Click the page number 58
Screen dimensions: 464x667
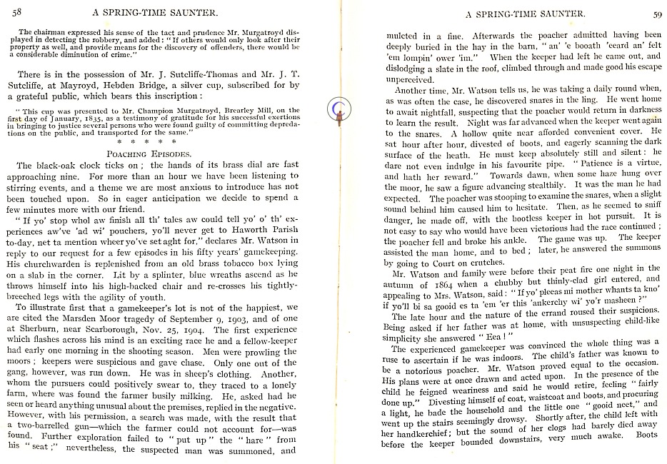click(x=17, y=12)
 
